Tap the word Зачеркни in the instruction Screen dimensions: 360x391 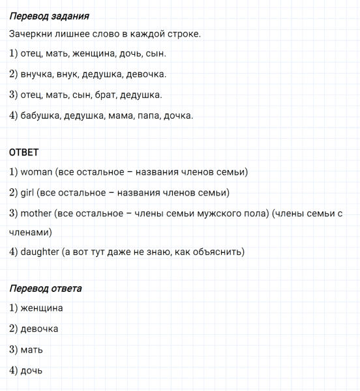[30, 33]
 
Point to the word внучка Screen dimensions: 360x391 [37, 74]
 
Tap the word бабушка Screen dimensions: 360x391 [40, 116]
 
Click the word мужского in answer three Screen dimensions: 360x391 [233, 213]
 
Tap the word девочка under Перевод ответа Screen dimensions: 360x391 [40, 328]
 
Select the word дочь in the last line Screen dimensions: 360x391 [31, 370]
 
